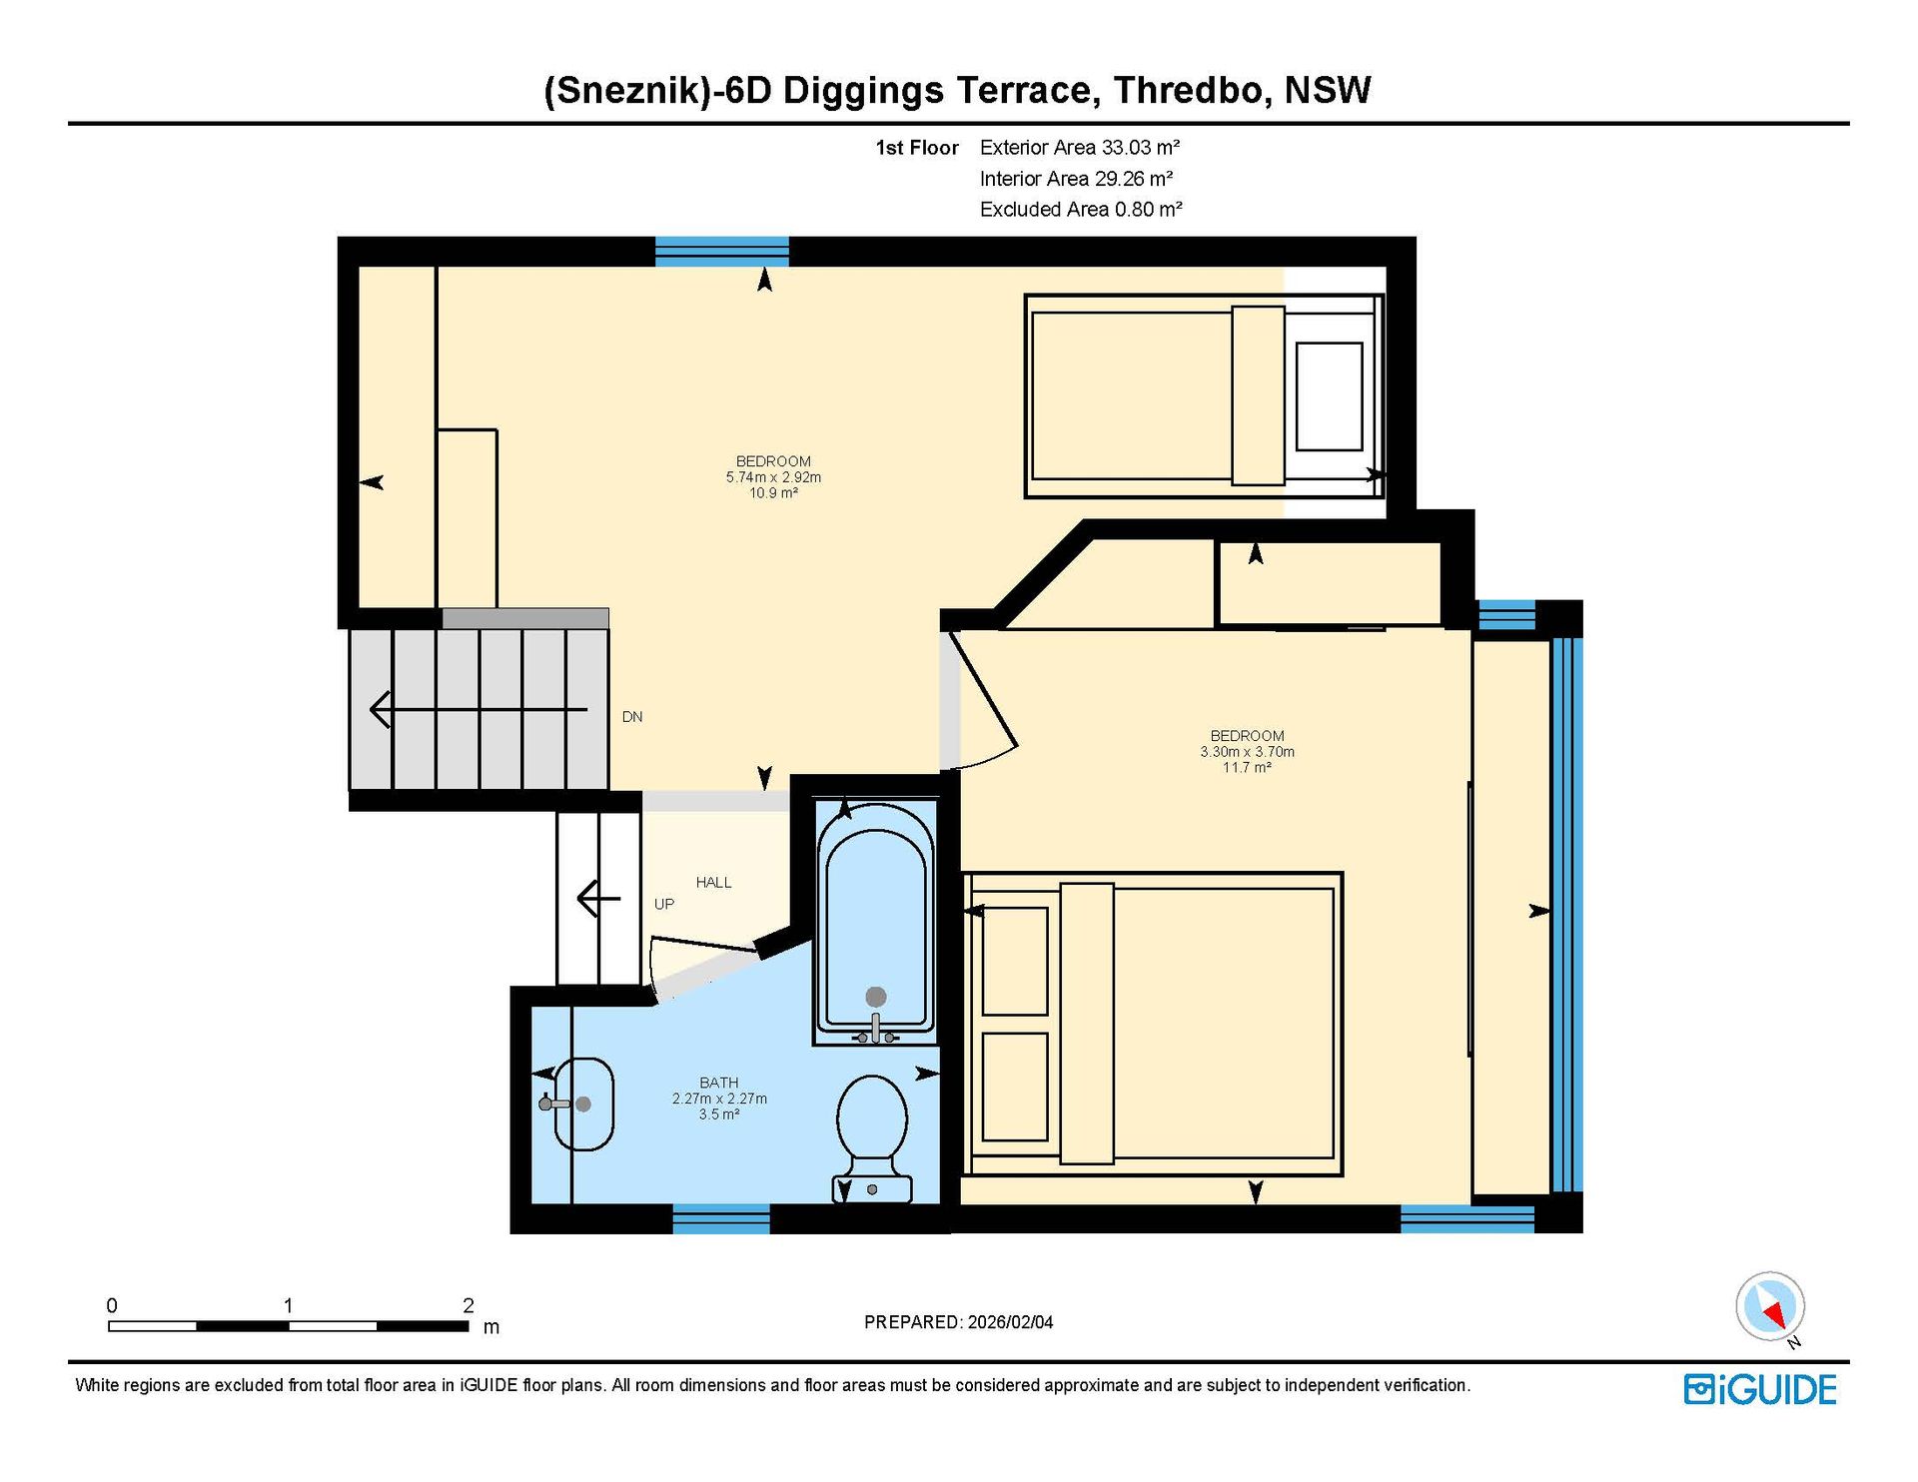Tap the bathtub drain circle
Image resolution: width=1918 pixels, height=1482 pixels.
[876, 996]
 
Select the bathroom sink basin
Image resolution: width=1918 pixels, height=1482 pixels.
[583, 1105]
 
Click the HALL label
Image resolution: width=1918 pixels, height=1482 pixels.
[713, 883]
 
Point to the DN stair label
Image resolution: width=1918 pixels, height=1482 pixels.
[632, 717]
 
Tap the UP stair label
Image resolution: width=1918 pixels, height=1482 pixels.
[664, 905]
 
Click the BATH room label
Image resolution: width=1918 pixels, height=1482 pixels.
[719, 1083]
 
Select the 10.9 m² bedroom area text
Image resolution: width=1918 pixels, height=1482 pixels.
[773, 493]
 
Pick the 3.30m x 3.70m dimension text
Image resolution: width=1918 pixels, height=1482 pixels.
[1248, 752]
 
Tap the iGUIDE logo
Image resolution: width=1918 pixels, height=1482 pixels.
[1760, 1390]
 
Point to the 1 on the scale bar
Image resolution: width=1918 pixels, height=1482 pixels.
[288, 1305]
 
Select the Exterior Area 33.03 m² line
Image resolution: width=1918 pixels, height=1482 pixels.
[1080, 148]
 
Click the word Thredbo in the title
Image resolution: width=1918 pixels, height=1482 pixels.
[1193, 91]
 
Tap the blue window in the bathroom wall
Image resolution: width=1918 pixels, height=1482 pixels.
[721, 1219]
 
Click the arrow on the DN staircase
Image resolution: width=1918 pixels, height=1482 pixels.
[479, 710]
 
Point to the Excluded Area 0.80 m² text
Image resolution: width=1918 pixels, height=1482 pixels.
[1081, 210]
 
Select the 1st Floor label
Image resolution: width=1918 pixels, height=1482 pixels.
[917, 148]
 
